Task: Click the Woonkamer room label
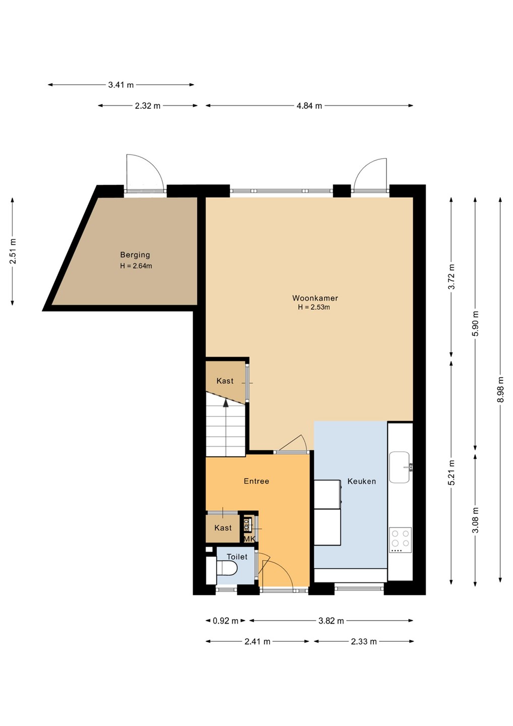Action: (x=310, y=298)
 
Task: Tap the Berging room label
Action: (x=135, y=255)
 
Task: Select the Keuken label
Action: (x=361, y=481)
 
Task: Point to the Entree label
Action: (x=256, y=481)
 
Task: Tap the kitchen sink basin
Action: (x=399, y=467)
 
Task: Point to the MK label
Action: (x=249, y=538)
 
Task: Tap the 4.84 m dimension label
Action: (x=309, y=106)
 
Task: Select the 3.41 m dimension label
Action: (x=121, y=85)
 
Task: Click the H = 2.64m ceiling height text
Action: (x=136, y=266)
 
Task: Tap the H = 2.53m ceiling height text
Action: (x=314, y=307)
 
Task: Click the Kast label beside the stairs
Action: (x=225, y=381)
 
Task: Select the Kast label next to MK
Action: (x=223, y=528)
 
